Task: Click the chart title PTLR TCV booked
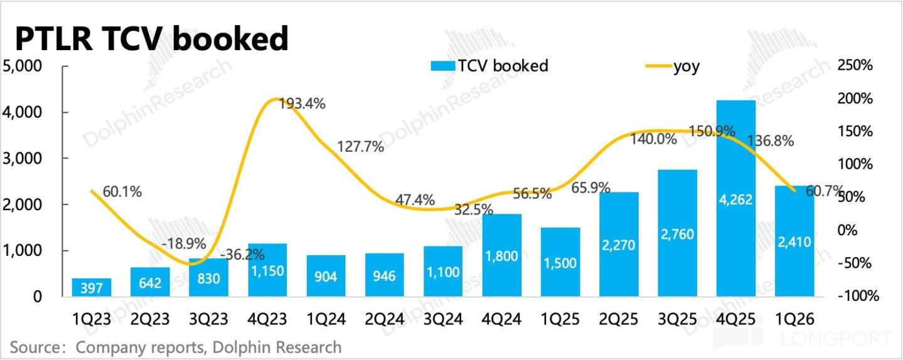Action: point(152,38)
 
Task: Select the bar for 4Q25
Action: point(735,199)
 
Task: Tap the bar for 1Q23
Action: point(92,287)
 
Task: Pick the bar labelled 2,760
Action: point(677,233)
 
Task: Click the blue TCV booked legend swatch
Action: point(443,66)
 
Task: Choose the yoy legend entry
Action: point(673,66)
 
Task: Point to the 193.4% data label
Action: point(302,104)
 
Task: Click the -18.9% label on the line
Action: point(184,243)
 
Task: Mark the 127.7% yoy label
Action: point(360,147)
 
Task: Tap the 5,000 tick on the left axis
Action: point(22,66)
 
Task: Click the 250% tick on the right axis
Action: point(855,65)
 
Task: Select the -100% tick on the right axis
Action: point(858,296)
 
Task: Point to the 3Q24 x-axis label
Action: point(443,319)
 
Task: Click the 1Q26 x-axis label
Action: point(795,319)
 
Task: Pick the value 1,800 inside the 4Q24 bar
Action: point(501,256)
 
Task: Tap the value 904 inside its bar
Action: point(326,277)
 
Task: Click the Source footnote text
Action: point(176,347)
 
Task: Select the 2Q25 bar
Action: point(619,245)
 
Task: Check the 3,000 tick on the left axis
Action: point(22,159)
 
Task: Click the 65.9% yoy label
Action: point(590,188)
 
